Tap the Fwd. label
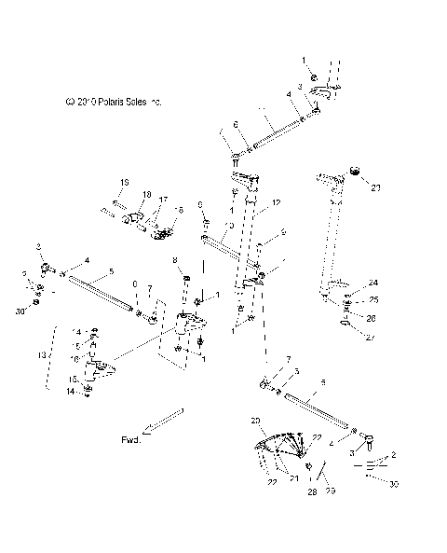pos(131,437)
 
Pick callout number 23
pos(376,188)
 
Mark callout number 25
pos(373,299)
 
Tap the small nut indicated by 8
pos(184,278)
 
